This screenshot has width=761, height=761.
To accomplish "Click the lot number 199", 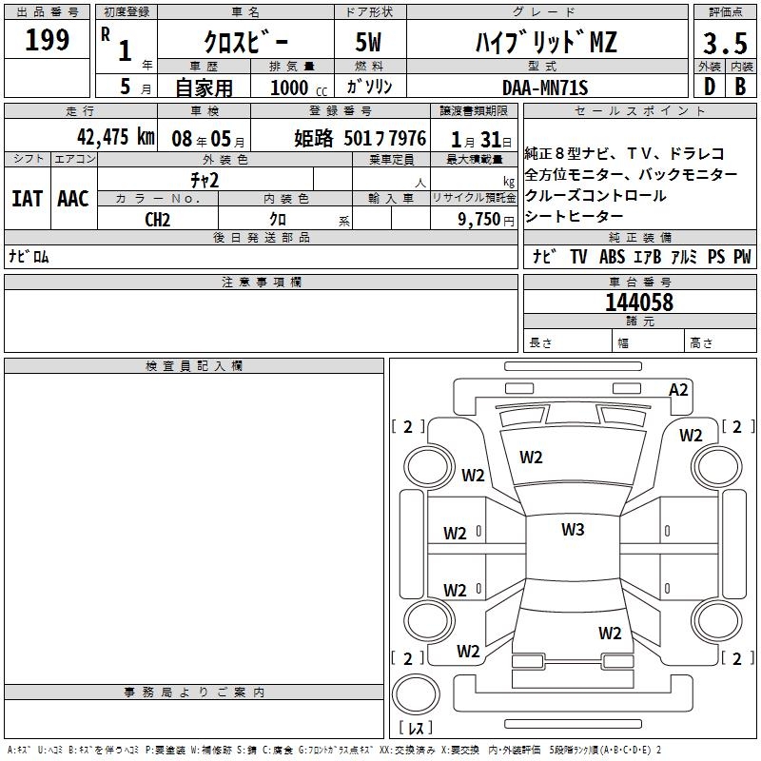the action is (x=48, y=40).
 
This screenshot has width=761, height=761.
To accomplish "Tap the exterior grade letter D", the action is (x=709, y=86).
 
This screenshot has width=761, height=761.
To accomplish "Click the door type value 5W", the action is (x=370, y=42).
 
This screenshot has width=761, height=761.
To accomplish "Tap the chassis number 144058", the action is (x=639, y=302).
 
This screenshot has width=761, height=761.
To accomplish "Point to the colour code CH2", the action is (x=158, y=219).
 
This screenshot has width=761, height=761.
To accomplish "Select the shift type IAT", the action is (x=27, y=198).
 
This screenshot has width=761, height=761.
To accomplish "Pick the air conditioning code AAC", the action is (x=73, y=198).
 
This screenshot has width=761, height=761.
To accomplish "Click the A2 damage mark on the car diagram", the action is (x=678, y=389).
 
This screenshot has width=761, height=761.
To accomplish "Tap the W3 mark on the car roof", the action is (x=572, y=530).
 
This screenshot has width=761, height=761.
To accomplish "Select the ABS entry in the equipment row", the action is (x=612, y=257).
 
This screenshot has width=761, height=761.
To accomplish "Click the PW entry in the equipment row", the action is (x=741, y=257).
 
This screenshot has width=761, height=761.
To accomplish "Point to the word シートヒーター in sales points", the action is (x=572, y=217).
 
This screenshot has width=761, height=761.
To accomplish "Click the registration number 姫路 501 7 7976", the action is (x=361, y=137).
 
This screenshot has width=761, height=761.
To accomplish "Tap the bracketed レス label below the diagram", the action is (x=416, y=729).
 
